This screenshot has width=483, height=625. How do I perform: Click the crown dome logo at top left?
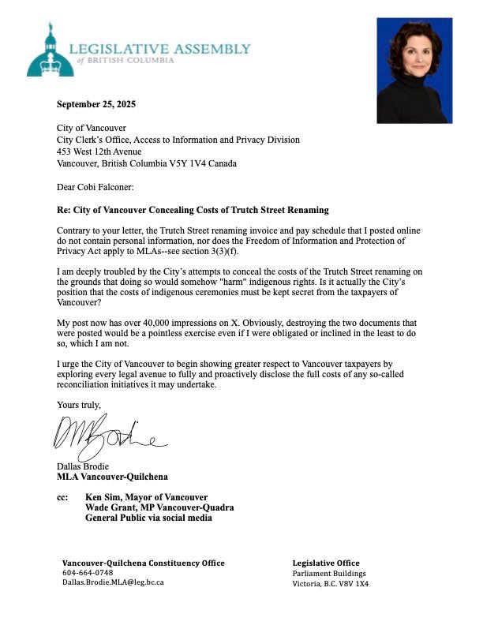tap(51, 51)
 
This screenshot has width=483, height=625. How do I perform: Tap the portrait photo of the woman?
tap(414, 71)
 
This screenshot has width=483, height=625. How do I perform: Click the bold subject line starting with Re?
tap(186, 211)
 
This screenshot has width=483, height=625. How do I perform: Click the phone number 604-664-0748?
tap(88, 572)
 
